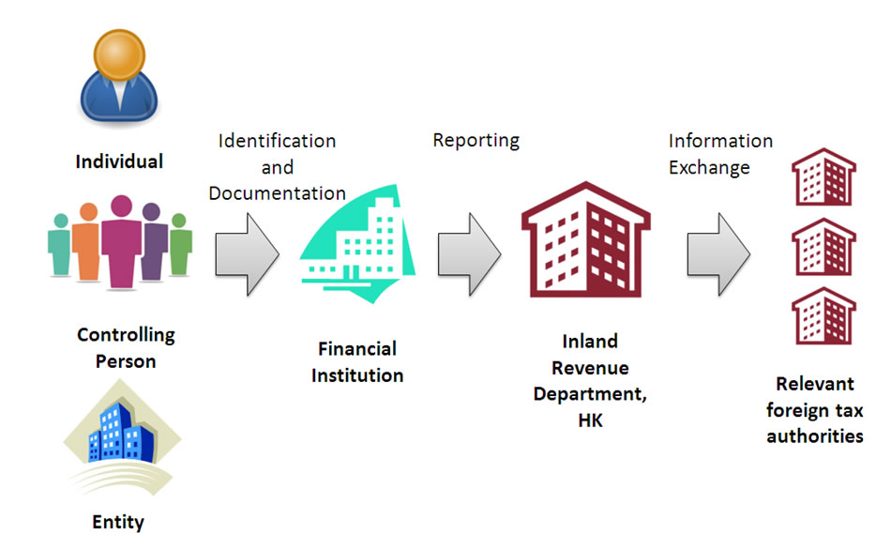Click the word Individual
(119, 161)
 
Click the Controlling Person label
(126, 347)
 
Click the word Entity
(118, 522)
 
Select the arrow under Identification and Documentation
(248, 252)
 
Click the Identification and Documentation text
(277, 167)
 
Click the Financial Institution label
(357, 361)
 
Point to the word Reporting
(476, 140)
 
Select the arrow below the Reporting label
(469, 252)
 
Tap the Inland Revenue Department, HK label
(590, 380)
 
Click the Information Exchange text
(719, 154)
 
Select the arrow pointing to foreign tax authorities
(717, 252)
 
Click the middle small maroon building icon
(823, 247)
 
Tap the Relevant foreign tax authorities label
(814, 410)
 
